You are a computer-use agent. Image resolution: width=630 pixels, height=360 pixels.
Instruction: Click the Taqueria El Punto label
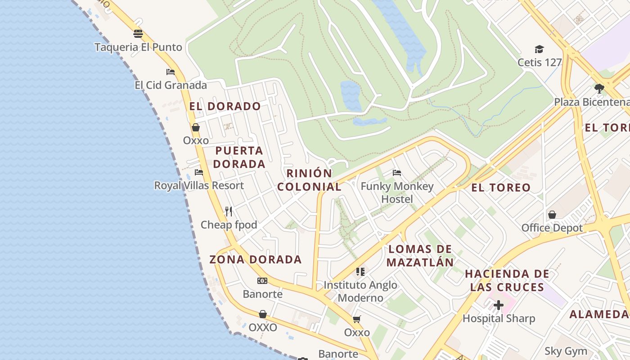[138, 47]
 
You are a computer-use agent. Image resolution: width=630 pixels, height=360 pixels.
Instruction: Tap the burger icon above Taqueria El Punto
[138, 34]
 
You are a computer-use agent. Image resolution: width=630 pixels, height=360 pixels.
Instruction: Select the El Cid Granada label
[171, 85]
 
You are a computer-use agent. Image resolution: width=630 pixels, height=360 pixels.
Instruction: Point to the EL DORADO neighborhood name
[225, 106]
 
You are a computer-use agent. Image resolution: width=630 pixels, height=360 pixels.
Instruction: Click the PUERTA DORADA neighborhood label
[239, 157]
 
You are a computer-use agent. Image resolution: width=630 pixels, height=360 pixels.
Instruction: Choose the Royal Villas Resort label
[199, 185]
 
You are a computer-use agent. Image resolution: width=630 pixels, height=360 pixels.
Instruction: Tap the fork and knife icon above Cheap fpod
[229, 211]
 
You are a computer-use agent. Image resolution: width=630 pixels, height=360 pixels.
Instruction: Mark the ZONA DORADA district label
[255, 259]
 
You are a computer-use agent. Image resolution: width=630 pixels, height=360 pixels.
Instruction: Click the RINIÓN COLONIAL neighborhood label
[309, 180]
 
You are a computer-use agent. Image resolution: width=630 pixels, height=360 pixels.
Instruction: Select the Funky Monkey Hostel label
[397, 192]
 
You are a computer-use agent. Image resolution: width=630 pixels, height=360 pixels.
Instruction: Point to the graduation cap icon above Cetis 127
[539, 49]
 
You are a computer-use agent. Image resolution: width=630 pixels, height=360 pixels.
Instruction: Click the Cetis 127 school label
[540, 62]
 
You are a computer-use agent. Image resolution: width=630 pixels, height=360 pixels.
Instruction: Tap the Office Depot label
[552, 228]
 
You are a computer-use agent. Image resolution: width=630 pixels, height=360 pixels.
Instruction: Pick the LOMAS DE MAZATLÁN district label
[420, 255]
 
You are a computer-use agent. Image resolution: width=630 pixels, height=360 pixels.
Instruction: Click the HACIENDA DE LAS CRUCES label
[507, 280]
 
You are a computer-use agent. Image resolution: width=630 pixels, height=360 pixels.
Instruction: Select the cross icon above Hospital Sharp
[499, 305]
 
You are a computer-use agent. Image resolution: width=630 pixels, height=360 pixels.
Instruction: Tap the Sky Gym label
[566, 351]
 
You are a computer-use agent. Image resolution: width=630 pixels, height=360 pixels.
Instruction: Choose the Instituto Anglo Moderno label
[360, 291]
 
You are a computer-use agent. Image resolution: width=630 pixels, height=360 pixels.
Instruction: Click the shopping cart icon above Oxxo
[357, 319]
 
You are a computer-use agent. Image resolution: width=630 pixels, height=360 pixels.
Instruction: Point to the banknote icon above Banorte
[262, 281]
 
